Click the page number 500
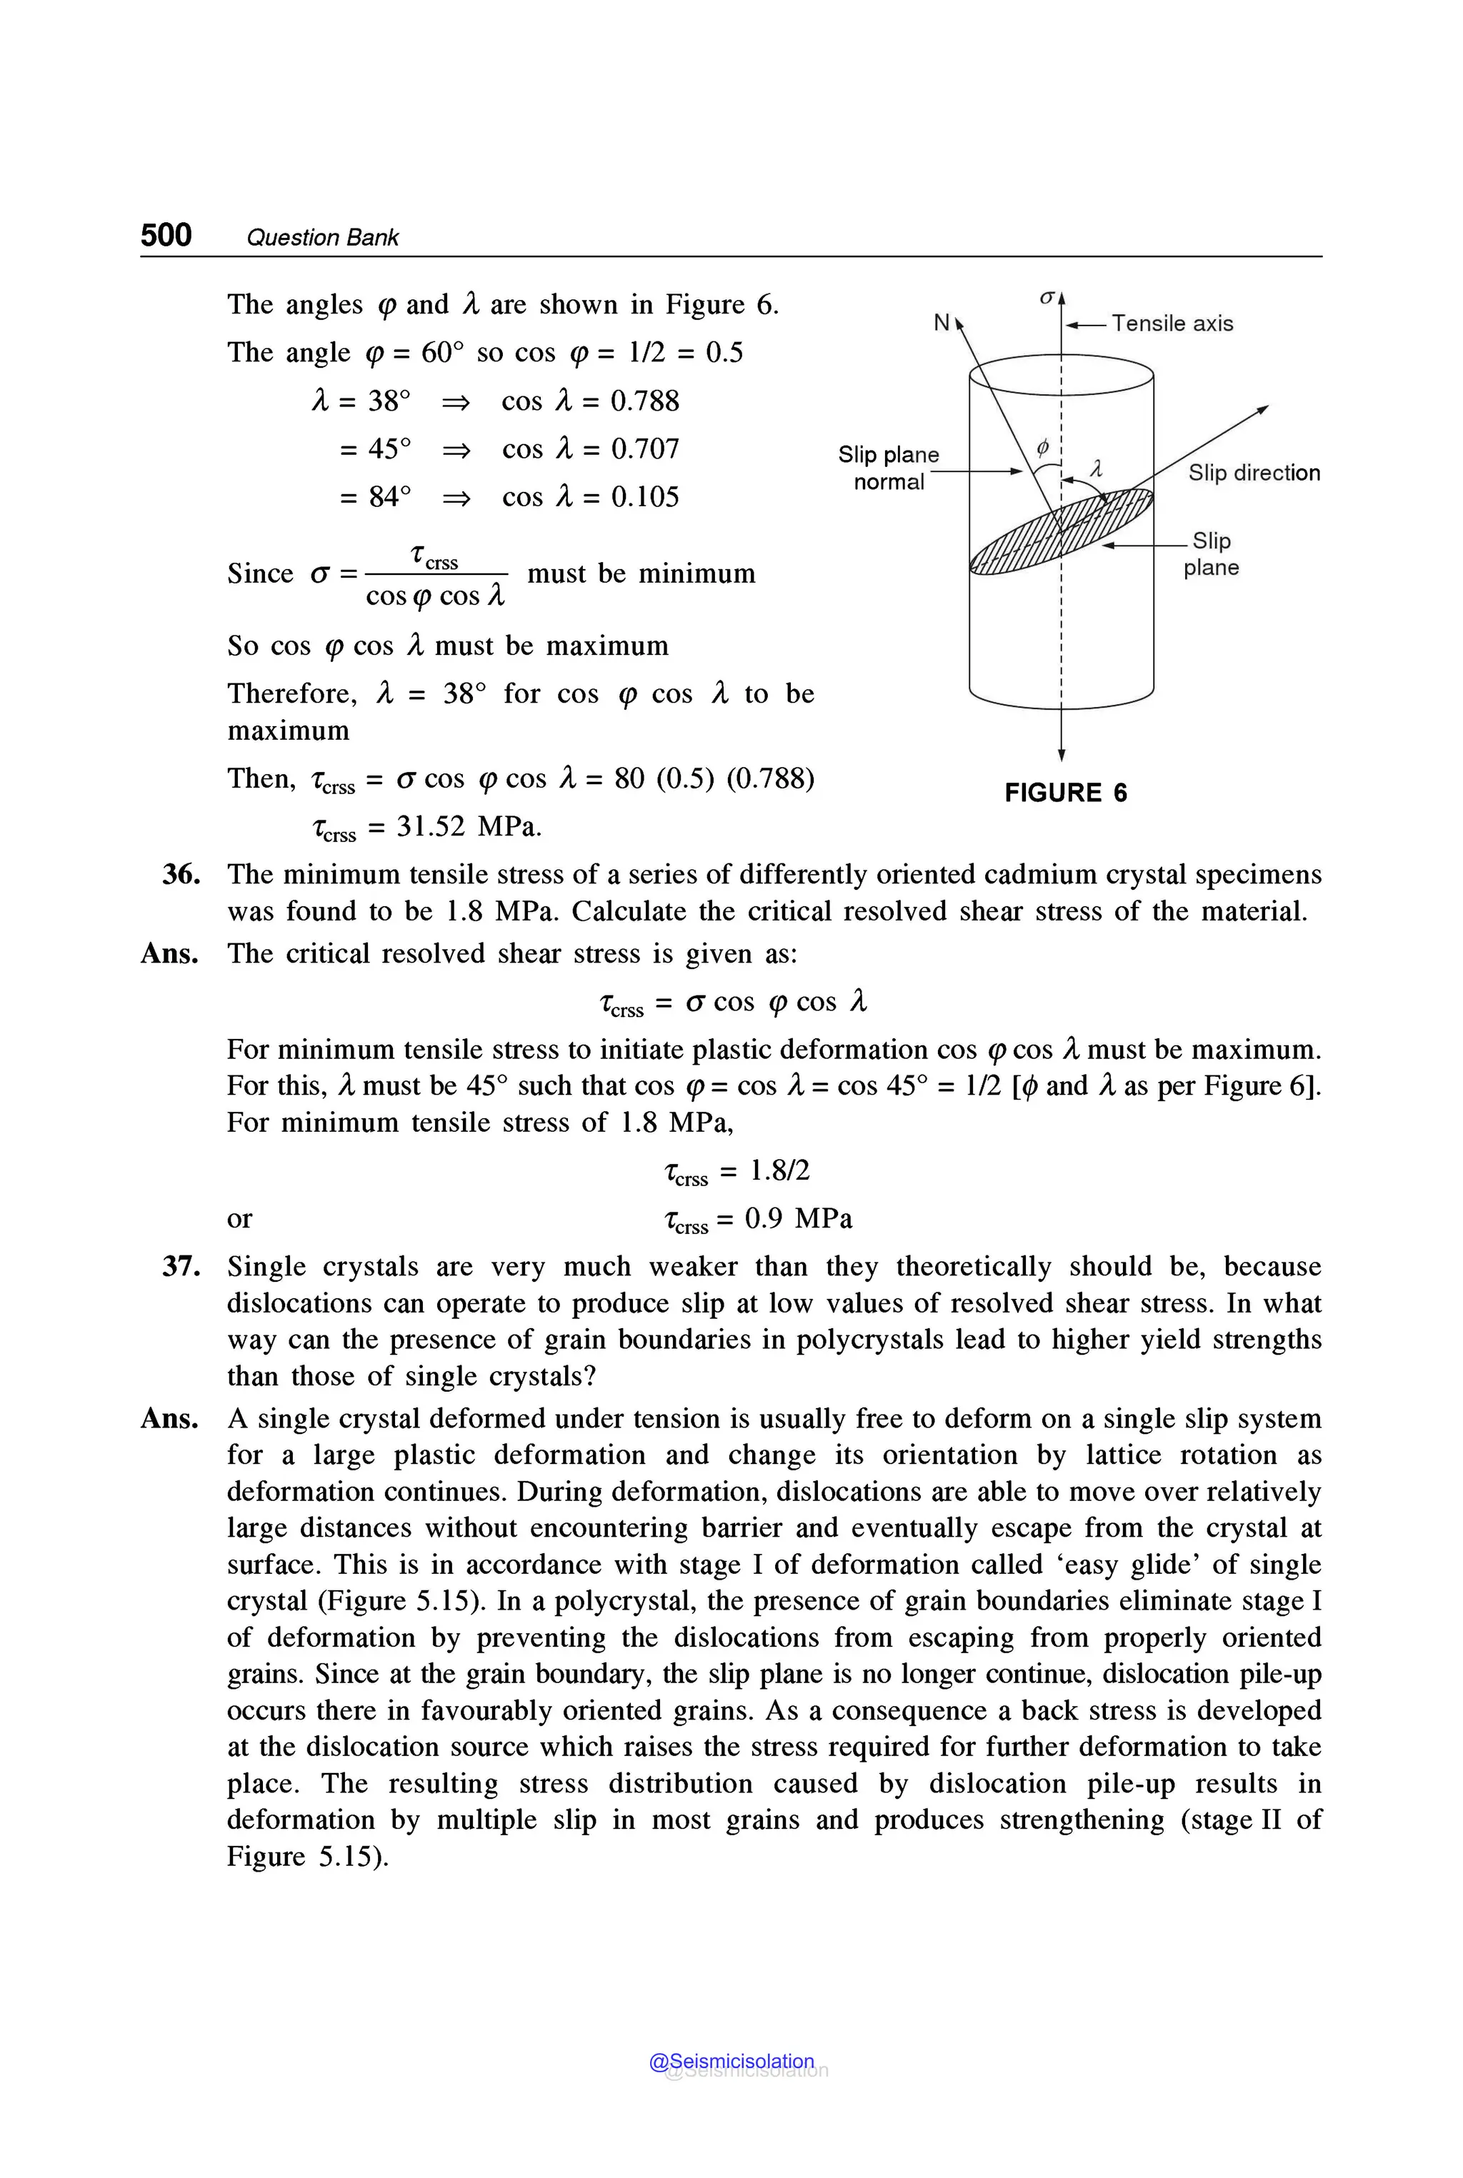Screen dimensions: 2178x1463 [166, 234]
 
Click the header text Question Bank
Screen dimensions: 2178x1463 [322, 238]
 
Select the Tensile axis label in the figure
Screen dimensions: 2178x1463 [1172, 323]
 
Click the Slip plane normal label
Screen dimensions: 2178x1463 [888, 468]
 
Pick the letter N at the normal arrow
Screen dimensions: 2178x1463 [942, 323]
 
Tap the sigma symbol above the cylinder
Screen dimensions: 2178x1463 [1047, 296]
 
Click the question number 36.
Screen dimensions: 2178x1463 [181, 875]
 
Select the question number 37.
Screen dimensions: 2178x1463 [181, 1267]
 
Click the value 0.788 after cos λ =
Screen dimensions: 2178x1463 [645, 401]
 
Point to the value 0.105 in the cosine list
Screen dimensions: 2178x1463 [645, 497]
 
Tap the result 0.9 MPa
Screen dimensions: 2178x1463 [798, 1219]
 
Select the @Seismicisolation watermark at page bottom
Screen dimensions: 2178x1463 [731, 2062]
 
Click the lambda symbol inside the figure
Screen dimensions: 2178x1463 [1097, 469]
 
